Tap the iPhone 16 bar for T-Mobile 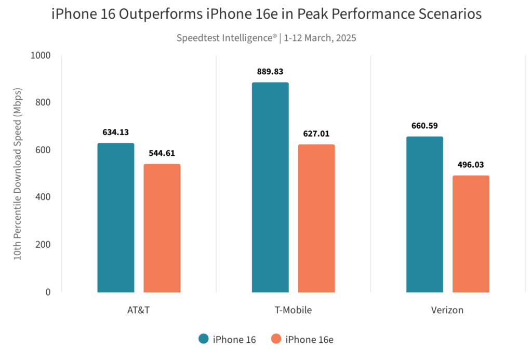click(x=270, y=187)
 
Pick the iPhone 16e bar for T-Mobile click(x=316, y=218)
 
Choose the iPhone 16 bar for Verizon click(x=424, y=214)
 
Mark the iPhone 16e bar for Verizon click(x=471, y=233)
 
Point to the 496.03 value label click(x=471, y=165)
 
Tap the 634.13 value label click(x=116, y=132)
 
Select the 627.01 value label click(x=316, y=134)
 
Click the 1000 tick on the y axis click(x=41, y=56)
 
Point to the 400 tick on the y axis click(x=44, y=197)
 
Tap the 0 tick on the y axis click(x=48, y=292)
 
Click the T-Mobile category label click(x=293, y=311)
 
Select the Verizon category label click(x=447, y=311)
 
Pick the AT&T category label click(x=139, y=311)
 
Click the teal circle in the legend click(x=204, y=339)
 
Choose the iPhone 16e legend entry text click(x=310, y=340)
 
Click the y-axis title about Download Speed click(x=18, y=174)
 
